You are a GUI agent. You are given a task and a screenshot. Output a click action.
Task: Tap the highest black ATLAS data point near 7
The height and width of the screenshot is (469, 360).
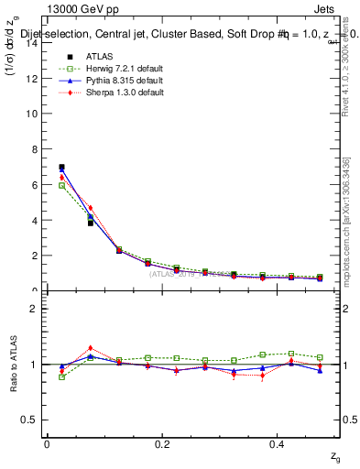61,168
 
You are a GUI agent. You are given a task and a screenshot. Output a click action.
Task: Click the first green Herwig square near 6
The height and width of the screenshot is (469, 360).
61,185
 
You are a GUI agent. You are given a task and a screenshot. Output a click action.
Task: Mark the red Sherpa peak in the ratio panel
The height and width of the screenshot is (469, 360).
90,348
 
